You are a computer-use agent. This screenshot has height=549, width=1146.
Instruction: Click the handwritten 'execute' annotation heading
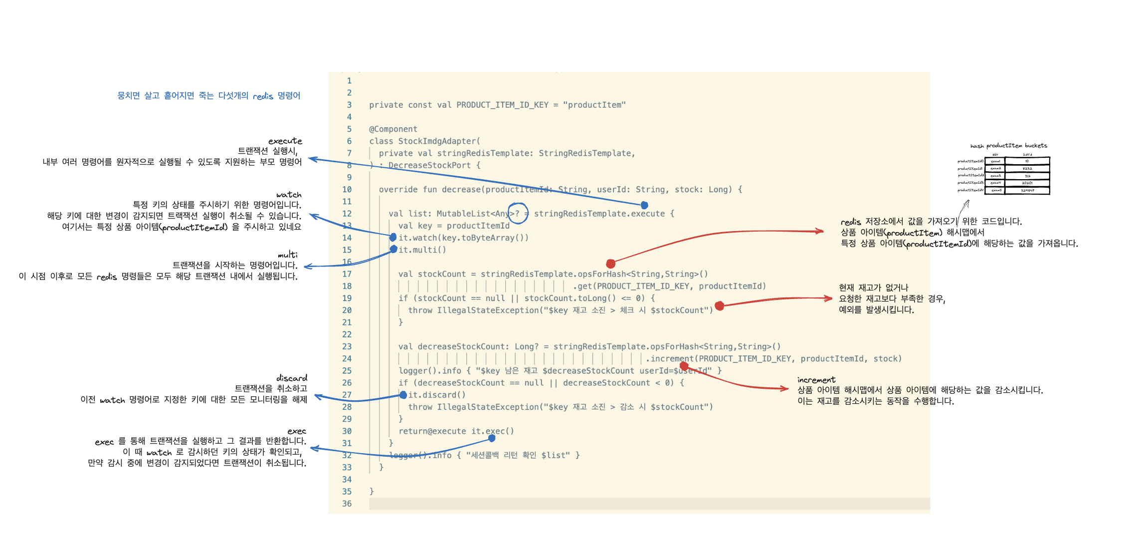point(285,141)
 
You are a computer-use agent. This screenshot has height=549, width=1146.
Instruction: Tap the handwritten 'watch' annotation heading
point(289,195)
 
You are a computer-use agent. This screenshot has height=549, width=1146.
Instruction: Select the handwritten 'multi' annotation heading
point(288,255)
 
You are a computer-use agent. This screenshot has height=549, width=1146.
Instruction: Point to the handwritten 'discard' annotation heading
point(292,378)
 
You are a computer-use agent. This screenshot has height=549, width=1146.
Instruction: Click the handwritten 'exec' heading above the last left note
point(297,431)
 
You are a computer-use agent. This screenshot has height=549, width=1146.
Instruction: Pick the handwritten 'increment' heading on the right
point(816,380)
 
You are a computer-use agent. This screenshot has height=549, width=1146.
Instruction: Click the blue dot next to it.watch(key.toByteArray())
point(393,237)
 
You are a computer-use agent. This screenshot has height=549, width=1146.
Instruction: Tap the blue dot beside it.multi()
point(393,249)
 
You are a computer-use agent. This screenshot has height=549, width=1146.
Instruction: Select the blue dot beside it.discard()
point(403,395)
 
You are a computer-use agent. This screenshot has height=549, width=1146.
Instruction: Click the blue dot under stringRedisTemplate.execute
point(644,205)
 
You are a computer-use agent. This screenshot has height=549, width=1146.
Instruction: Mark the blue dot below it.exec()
point(492,438)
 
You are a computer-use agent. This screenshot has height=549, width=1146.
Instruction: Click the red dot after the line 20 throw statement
point(719,306)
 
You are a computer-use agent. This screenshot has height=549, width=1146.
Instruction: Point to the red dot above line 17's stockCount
point(610,264)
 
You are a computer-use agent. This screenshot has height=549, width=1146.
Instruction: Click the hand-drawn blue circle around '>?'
point(517,213)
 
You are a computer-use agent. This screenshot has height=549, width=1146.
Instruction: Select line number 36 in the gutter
point(347,504)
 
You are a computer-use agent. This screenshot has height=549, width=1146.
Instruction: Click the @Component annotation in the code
point(393,129)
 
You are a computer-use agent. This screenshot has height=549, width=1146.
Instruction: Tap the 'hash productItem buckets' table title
point(1008,146)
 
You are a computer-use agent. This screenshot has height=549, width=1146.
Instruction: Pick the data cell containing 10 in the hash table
point(1027,161)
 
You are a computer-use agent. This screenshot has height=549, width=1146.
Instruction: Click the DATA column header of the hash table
point(1027,155)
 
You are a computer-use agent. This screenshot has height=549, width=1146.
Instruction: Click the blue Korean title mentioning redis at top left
point(208,95)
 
